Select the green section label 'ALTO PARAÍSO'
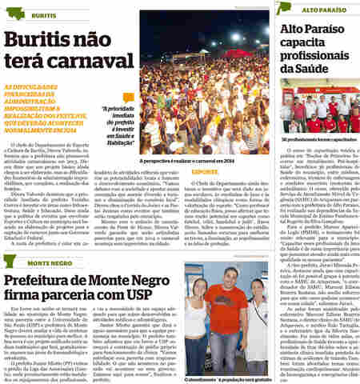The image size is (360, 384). coord(314,7)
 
